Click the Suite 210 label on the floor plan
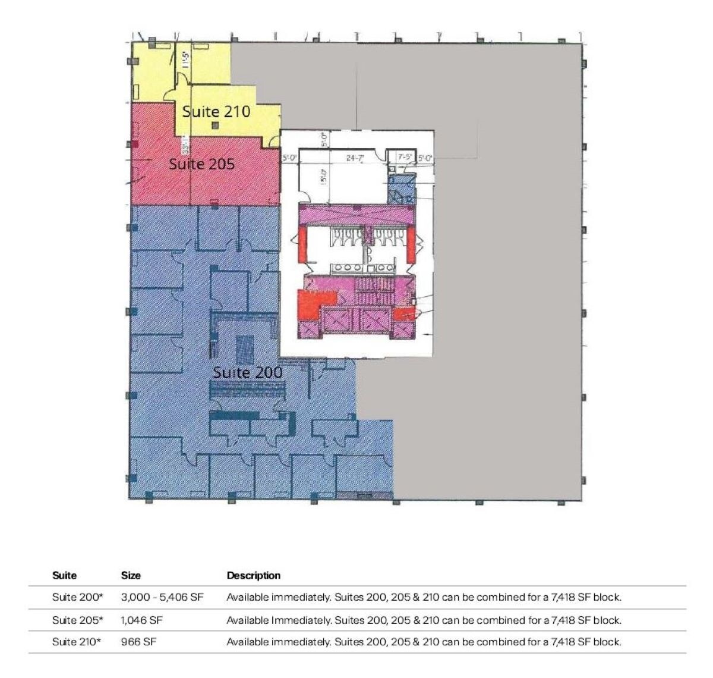216,112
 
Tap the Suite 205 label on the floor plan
201,164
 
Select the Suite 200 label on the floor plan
247,373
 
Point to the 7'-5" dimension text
405,158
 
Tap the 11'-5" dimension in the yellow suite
186,59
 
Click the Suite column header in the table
64,575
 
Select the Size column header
131,575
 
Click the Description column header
253,575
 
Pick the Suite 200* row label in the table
77,597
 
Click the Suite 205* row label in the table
77,620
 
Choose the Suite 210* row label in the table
77,642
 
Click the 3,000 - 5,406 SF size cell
162,597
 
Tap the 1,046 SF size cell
141,620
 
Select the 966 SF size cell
139,642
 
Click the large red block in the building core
309,303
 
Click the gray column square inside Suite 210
215,125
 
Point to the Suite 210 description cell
424,642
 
